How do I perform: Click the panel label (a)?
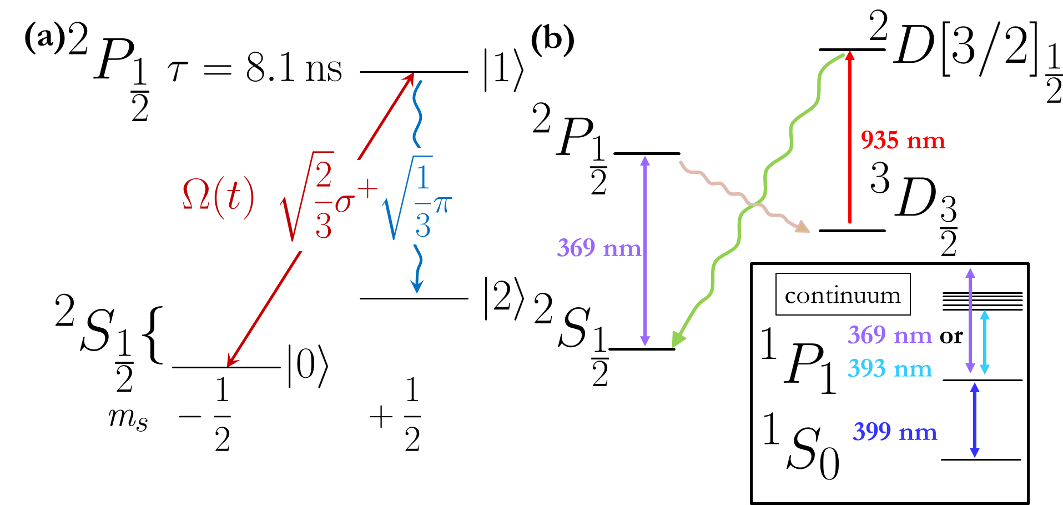44,39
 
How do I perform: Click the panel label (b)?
552,39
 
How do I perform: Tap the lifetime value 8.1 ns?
294,69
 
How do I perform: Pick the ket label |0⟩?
308,366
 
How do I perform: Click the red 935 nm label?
903,140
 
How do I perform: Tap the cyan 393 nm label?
889,368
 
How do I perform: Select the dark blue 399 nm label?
895,432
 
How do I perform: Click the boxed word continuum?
843,295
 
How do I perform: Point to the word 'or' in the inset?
951,336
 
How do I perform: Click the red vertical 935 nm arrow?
849,139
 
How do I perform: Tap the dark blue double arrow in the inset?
974,420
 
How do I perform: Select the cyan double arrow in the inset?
985,342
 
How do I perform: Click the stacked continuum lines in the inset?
983,301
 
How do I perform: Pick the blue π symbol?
442,204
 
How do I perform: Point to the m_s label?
128,417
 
